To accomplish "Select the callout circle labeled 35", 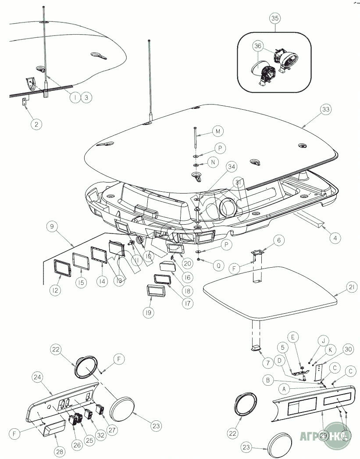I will pyautogui.click(x=275, y=18).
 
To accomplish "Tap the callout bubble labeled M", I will pyautogui.click(x=217, y=131).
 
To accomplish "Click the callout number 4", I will pyautogui.click(x=335, y=238).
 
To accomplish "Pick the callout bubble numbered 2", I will pyautogui.click(x=36, y=124).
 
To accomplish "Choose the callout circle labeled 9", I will pyautogui.click(x=52, y=226).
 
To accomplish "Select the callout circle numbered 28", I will pyautogui.click(x=59, y=451).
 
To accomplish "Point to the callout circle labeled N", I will pyautogui.click(x=213, y=162).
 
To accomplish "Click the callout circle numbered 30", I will pyautogui.click(x=348, y=349).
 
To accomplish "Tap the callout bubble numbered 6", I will pyautogui.click(x=279, y=240).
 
